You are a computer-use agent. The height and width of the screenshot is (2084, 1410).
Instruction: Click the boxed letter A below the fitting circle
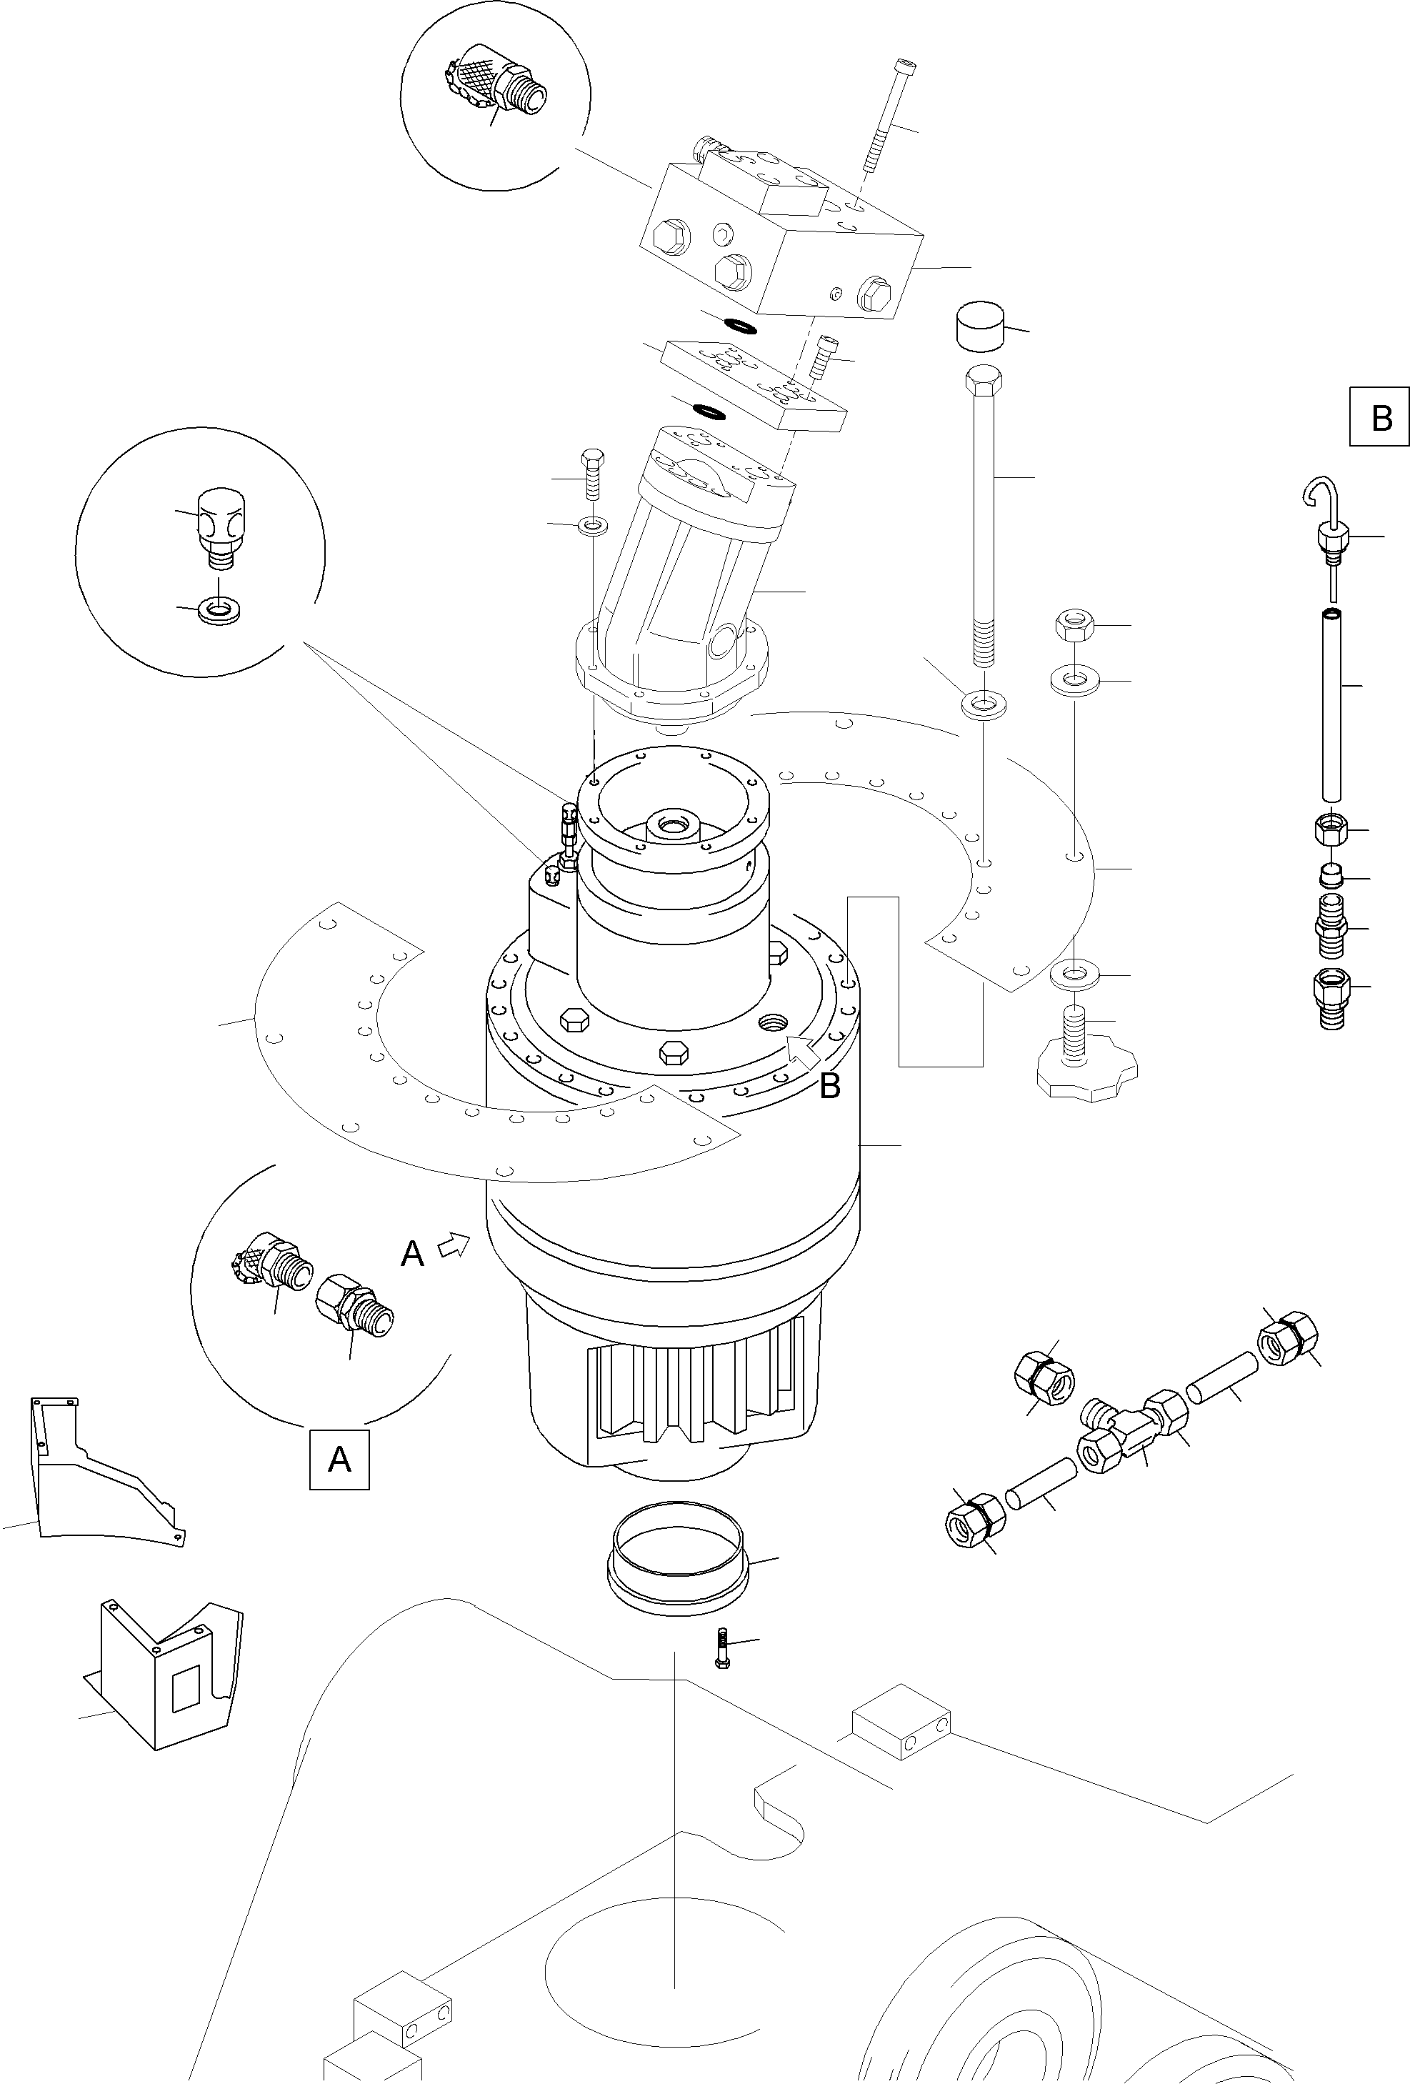click(339, 1460)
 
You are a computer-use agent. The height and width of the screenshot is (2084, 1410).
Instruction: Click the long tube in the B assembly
click(1333, 704)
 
